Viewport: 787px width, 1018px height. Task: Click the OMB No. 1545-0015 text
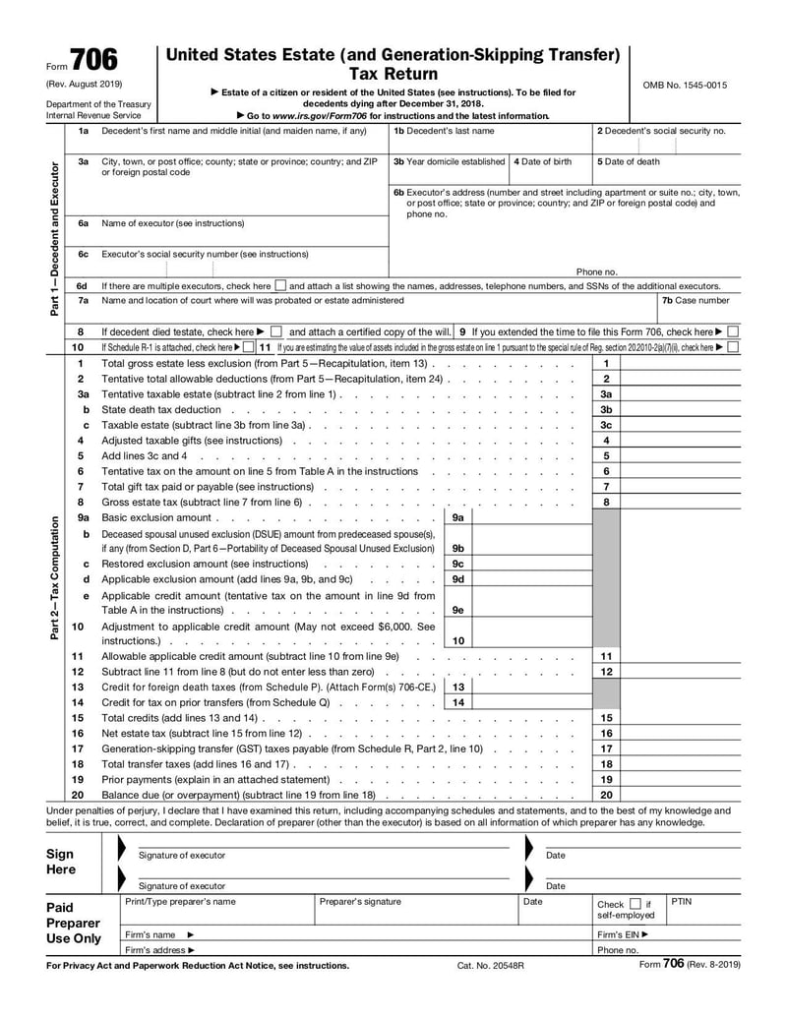[x=685, y=86]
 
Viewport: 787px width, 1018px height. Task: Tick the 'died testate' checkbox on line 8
[x=275, y=332]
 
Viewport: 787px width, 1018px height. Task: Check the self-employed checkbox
[x=635, y=904]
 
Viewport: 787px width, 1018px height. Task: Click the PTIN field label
[x=682, y=901]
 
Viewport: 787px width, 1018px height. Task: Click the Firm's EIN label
[x=623, y=934]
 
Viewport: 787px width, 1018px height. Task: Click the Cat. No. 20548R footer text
[x=491, y=966]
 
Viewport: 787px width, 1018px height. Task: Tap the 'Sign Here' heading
[x=61, y=863]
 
